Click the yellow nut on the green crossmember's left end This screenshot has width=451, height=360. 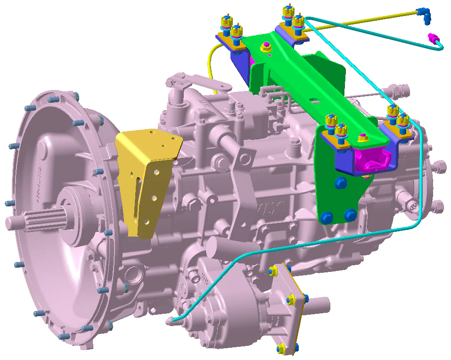click(265, 47)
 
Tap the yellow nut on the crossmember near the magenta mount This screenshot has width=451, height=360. click(362, 138)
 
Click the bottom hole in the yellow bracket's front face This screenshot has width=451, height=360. click(147, 221)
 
